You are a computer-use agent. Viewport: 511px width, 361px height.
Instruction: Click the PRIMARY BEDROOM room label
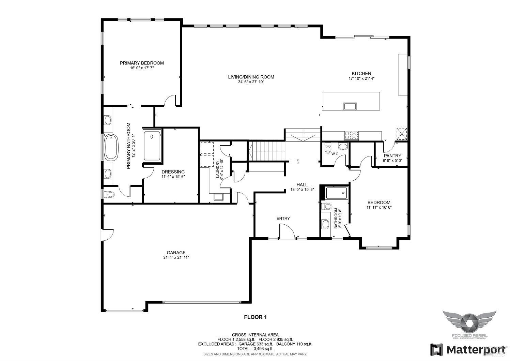click(x=142, y=63)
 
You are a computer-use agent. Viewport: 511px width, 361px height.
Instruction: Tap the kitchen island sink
click(x=350, y=106)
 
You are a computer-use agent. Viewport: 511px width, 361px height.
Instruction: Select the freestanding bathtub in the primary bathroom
click(x=111, y=147)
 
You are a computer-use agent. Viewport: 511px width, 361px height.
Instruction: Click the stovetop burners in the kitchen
click(x=352, y=135)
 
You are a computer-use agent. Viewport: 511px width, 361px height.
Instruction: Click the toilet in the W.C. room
click(x=328, y=148)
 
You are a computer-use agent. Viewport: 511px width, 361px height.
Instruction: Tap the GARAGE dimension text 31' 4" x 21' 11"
click(x=176, y=258)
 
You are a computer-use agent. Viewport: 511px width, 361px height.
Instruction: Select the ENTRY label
click(x=283, y=219)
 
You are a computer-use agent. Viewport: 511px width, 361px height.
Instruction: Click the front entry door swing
click(x=287, y=232)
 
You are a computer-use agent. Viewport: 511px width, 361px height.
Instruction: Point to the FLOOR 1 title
click(x=255, y=317)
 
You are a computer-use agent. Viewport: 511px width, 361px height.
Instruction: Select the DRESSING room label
click(x=173, y=172)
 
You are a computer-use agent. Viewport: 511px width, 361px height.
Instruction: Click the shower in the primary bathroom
click(x=152, y=146)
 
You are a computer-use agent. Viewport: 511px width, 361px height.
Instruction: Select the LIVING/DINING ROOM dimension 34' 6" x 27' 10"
click(x=251, y=82)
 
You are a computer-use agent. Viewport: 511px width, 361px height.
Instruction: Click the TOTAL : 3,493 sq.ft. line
click(x=255, y=349)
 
